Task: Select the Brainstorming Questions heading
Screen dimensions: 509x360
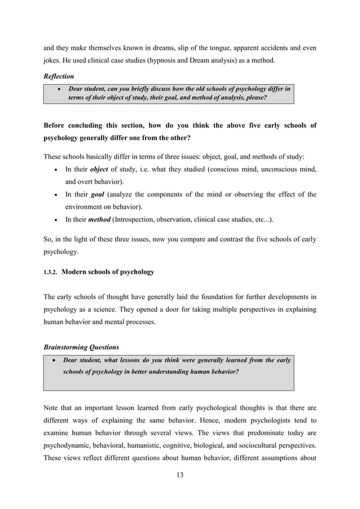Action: coord(77,346)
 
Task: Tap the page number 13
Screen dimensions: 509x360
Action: coord(180,474)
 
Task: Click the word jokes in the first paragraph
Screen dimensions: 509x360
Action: coord(53,58)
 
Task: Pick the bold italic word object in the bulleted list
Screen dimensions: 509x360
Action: coord(100,169)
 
